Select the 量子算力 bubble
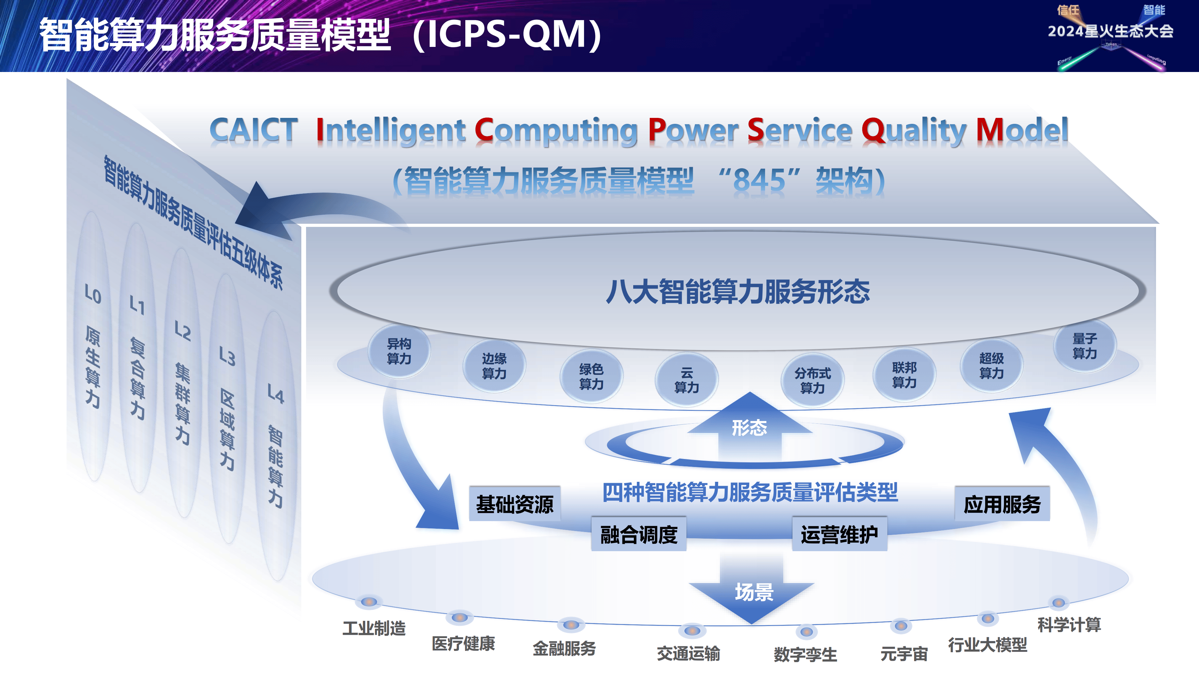pos(1085,346)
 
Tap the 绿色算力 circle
pos(591,376)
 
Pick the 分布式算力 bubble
pos(812,380)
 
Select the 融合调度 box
pos(638,534)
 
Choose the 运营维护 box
pos(839,534)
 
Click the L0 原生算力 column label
pos(93,346)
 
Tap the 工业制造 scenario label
pos(374,628)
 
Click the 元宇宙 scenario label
pos(904,654)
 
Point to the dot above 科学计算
pos(1059,602)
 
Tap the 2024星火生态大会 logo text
pos(1110,31)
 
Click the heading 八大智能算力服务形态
pos(738,292)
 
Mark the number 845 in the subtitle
pos(759,181)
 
